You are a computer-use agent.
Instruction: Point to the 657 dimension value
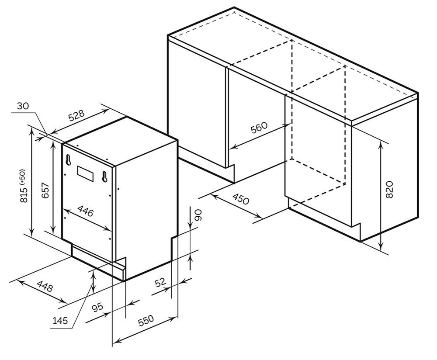tap(45, 190)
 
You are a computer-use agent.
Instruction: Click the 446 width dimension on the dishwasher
tap(85, 211)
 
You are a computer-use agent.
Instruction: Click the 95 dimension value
tap(98, 308)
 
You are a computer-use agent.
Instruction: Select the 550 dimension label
tap(146, 321)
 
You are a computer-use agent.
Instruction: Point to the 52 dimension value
tap(160, 283)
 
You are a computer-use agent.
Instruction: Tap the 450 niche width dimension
tap(240, 199)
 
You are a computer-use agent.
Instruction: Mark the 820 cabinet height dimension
tap(390, 189)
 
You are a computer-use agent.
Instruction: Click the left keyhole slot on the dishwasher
tap(68, 160)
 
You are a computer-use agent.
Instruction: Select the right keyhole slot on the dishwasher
tap(105, 177)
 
